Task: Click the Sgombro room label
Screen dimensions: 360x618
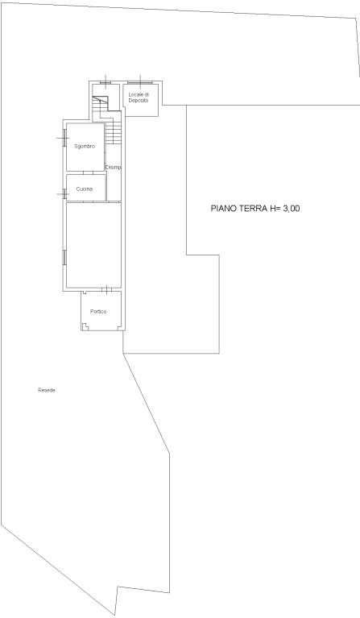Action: pos(85,146)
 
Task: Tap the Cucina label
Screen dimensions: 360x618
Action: pos(85,189)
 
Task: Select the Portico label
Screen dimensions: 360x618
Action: pos(98,311)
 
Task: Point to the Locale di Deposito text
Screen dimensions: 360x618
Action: pos(139,97)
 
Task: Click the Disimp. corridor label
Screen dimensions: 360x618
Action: pos(114,167)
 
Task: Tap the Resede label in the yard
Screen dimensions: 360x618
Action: pos(47,390)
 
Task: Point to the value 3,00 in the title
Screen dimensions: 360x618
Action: pos(290,209)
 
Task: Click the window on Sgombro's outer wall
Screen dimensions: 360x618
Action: pos(63,138)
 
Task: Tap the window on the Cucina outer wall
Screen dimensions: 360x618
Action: pos(63,193)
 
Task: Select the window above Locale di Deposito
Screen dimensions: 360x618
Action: pos(140,82)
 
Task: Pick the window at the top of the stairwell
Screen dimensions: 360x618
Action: pos(106,82)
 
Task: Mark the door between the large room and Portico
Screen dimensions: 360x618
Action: pos(107,290)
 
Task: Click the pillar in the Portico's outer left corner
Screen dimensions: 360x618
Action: pos(85,326)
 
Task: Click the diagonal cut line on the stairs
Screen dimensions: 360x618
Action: pos(100,100)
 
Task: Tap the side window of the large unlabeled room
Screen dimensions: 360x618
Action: pos(63,257)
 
